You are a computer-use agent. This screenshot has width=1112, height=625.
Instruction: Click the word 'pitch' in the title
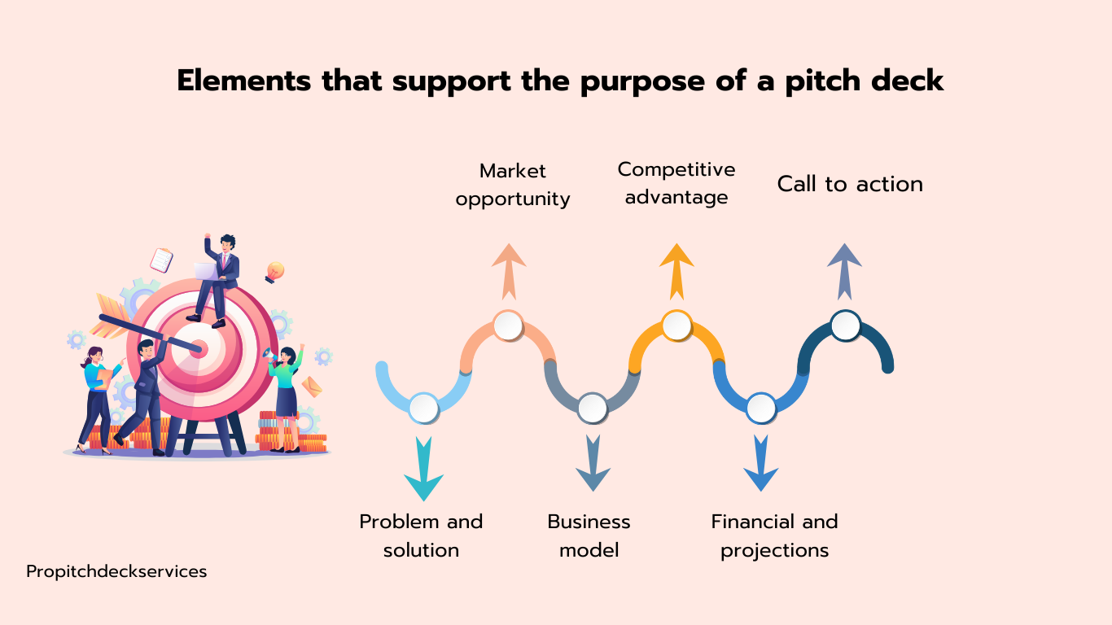pyautogui.click(x=822, y=81)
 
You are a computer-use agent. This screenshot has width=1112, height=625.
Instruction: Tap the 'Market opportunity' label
pyautogui.click(x=513, y=186)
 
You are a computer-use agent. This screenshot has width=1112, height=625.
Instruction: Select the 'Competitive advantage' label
pyautogui.click(x=676, y=183)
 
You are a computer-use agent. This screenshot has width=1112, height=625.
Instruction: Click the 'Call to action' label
pyautogui.click(x=850, y=184)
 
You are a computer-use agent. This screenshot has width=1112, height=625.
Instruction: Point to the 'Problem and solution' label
pyautogui.click(x=421, y=536)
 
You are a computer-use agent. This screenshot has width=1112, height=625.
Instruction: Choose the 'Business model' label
pyautogui.click(x=589, y=536)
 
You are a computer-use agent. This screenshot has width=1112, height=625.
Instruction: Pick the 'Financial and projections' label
pyautogui.click(x=774, y=536)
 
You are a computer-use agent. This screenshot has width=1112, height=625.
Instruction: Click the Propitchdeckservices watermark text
pyautogui.click(x=116, y=572)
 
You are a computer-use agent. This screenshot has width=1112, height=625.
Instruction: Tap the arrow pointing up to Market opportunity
pyautogui.click(x=509, y=272)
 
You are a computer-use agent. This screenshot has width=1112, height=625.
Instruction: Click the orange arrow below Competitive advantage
pyautogui.click(x=676, y=272)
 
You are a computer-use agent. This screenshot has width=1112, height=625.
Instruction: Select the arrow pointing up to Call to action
pyautogui.click(x=844, y=272)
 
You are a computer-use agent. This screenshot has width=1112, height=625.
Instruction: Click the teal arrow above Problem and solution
pyautogui.click(x=423, y=469)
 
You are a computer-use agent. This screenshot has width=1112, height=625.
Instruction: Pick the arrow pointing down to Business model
pyautogui.click(x=593, y=463)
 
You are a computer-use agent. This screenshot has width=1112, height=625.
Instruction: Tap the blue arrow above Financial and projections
pyautogui.click(x=760, y=463)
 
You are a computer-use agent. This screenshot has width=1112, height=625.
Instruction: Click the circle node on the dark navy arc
pyautogui.click(x=846, y=326)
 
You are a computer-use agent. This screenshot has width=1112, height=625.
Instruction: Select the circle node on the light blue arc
pyautogui.click(x=423, y=408)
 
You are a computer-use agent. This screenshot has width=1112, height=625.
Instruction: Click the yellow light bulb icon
pyautogui.click(x=274, y=273)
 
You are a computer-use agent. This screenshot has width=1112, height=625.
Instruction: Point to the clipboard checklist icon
pyautogui.click(x=161, y=260)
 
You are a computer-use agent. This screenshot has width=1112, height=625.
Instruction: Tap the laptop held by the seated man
pyautogui.click(x=206, y=272)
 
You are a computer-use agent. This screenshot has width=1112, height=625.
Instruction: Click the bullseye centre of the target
pyautogui.click(x=199, y=348)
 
